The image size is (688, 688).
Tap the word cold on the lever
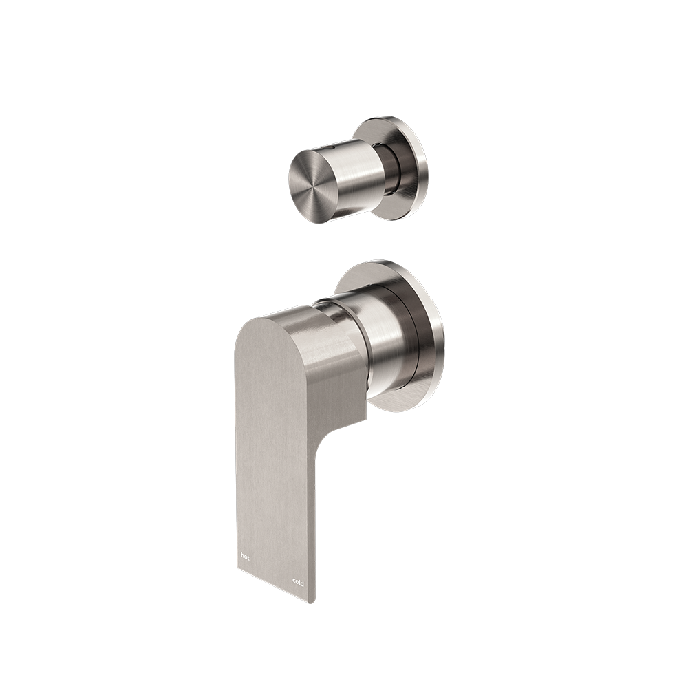point(298,582)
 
